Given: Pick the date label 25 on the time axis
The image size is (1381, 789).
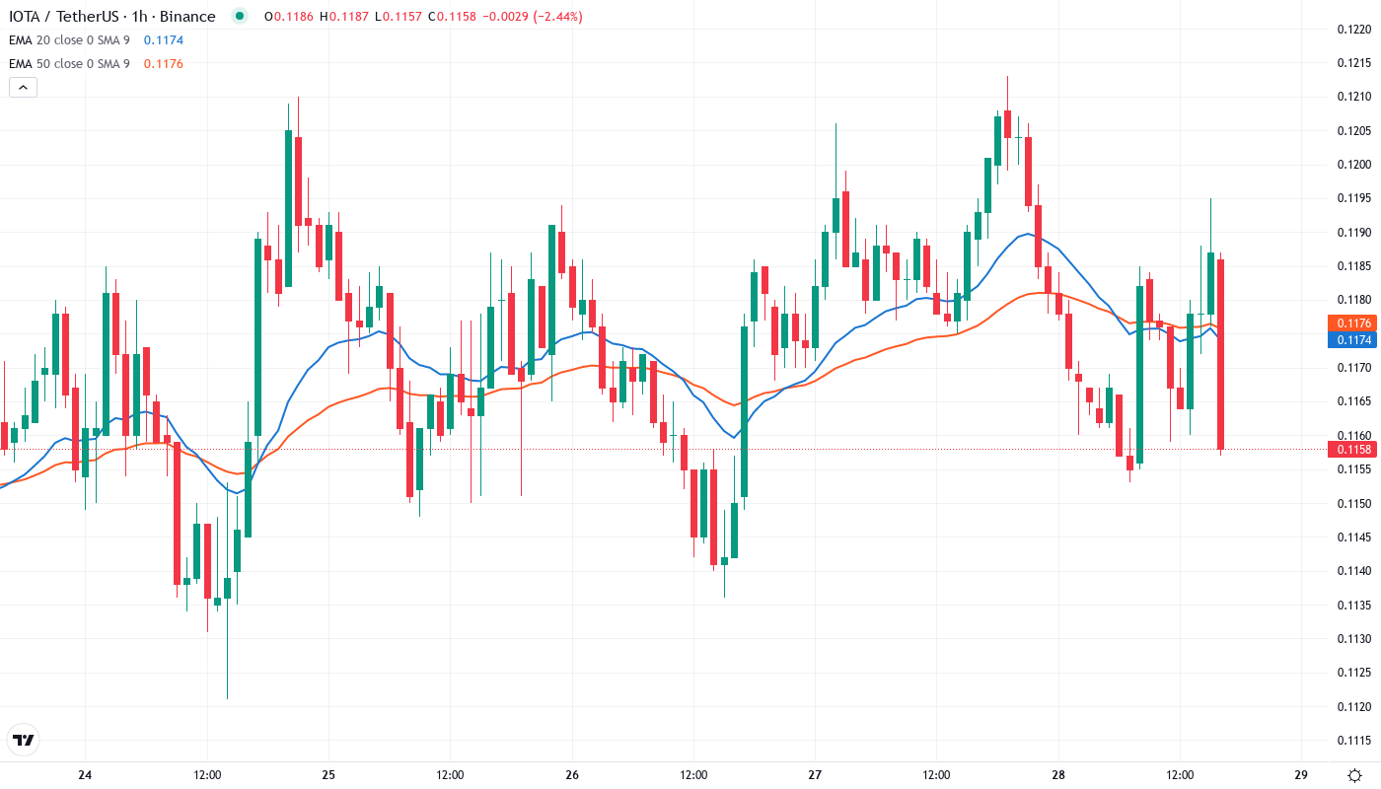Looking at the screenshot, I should (x=328, y=774).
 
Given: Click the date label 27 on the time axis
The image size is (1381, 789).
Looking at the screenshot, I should (x=815, y=774).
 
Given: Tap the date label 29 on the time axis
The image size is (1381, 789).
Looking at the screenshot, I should (x=1301, y=774).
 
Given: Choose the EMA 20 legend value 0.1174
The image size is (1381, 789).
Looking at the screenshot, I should (x=163, y=40).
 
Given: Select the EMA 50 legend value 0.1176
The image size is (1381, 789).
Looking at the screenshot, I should (x=163, y=64).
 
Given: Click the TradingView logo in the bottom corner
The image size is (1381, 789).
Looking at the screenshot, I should (x=23, y=740).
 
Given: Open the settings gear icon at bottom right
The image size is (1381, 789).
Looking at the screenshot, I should (x=1356, y=774).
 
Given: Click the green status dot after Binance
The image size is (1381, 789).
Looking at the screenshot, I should (x=240, y=16).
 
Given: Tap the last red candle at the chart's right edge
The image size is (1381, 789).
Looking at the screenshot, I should (x=1221, y=353).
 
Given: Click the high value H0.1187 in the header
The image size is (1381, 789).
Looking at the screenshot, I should (x=350, y=17).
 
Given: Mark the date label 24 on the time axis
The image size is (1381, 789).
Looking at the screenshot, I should (x=85, y=774).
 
